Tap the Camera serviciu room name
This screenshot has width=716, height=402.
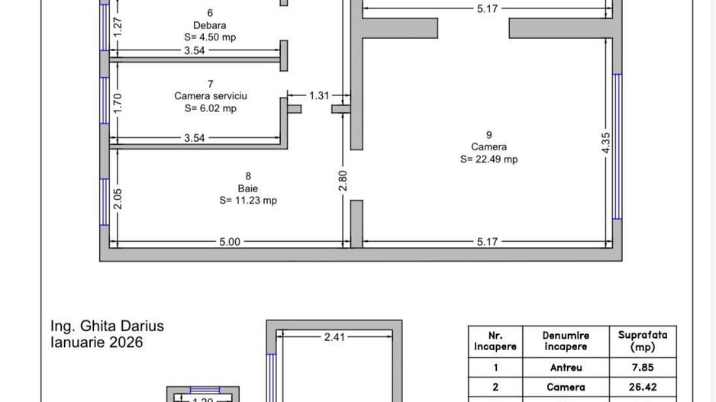(211, 96)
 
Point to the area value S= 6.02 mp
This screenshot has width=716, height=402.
(211, 108)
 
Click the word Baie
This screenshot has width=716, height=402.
(247, 188)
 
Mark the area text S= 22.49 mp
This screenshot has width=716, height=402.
(489, 159)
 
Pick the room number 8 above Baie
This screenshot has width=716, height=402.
(247, 175)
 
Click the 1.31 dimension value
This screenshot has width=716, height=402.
(319, 95)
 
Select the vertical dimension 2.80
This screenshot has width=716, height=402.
(343, 180)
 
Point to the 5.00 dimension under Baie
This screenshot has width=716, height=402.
(230, 242)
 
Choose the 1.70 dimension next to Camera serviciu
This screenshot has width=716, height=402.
(118, 102)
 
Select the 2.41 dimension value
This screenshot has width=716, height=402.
(334, 336)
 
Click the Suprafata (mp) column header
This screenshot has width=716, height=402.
(642, 340)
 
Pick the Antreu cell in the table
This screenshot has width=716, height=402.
(566, 368)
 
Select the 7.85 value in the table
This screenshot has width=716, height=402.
(642, 368)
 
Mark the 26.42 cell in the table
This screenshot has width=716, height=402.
(642, 387)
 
